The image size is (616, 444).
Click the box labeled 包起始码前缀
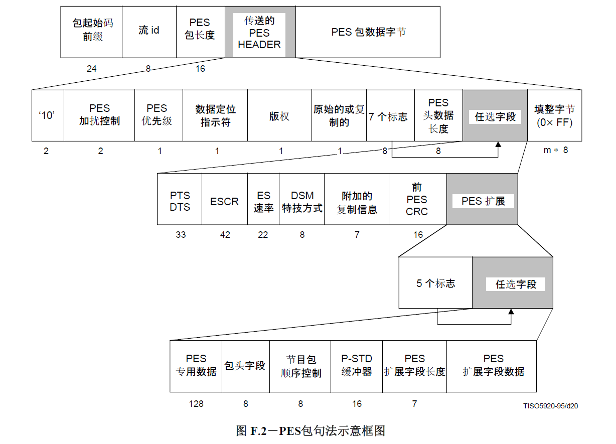point(91,32)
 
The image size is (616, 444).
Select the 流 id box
point(149,32)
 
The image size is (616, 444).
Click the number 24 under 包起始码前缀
point(91,69)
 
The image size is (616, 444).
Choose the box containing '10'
point(47,115)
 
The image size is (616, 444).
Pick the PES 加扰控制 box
point(99,115)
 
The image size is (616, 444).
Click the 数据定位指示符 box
point(215,115)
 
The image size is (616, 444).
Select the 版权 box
point(279,115)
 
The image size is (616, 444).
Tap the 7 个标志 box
point(390,115)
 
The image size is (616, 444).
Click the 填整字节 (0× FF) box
point(554,115)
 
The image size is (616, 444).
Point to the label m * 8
point(556,150)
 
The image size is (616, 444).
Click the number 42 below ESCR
point(225,234)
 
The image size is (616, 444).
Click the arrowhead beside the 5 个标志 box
point(511,313)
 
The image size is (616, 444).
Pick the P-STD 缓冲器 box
point(356,366)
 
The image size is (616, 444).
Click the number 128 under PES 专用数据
point(196,404)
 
